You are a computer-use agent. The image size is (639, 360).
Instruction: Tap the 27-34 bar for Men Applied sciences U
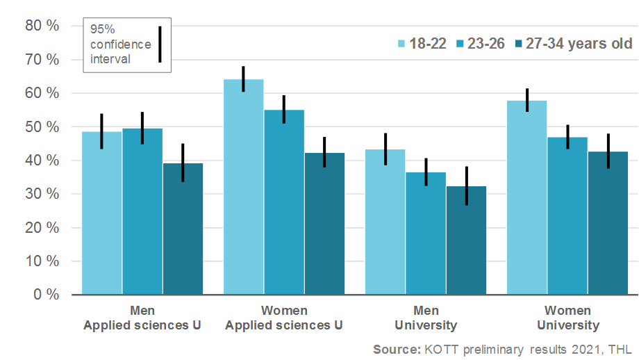pos(183,229)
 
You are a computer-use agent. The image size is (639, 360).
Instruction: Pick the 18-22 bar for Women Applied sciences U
pos(243,188)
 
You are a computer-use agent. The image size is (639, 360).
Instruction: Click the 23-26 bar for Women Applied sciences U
pos(284,202)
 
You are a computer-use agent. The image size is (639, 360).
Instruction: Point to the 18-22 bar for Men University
pos(385,222)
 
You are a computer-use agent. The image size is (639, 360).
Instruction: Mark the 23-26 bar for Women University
pos(567,216)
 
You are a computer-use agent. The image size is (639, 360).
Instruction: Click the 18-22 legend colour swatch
pos(401,44)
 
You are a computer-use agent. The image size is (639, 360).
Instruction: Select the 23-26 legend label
pos(486,44)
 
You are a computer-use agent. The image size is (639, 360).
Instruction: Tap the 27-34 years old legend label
pos(579,44)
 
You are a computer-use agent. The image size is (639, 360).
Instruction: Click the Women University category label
pos(567,318)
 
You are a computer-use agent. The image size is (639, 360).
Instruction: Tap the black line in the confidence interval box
pos(160,44)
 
